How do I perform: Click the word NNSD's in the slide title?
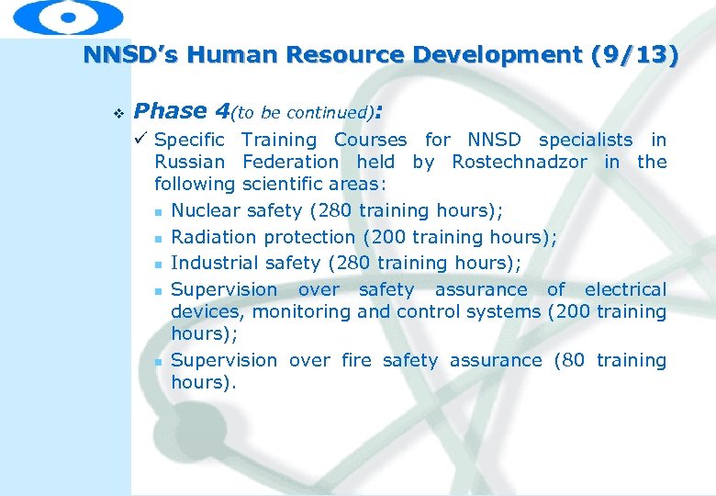click(120, 55)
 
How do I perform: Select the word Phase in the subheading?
click(171, 111)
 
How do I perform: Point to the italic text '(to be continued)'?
click(303, 113)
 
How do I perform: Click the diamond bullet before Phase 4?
click(116, 113)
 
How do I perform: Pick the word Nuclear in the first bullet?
click(205, 210)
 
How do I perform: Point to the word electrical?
click(625, 289)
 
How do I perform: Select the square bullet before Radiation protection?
click(159, 238)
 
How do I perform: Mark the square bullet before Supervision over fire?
click(159, 362)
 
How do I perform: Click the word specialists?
click(585, 140)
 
